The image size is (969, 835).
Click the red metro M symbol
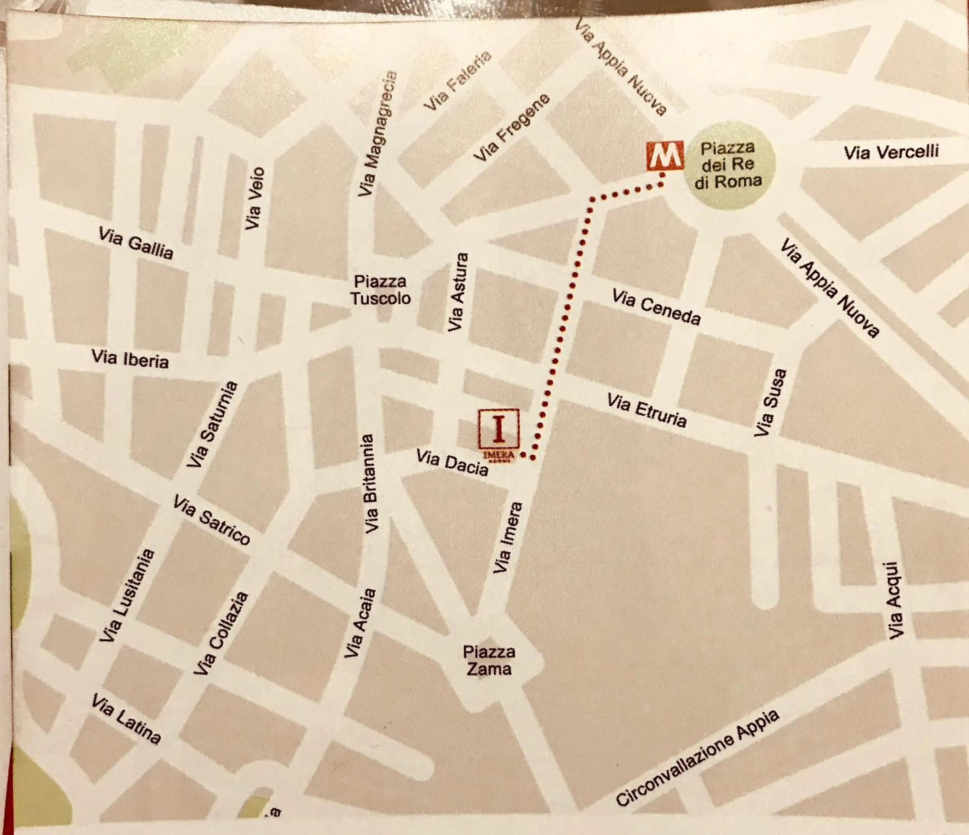point(665,156)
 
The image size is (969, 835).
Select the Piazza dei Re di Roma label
point(728,165)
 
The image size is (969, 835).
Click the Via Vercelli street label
point(891,152)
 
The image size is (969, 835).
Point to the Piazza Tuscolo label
point(380,290)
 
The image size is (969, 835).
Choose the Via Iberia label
point(130,359)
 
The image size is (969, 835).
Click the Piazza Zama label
point(489,660)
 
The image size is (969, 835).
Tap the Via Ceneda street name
point(656,307)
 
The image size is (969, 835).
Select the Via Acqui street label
point(894,601)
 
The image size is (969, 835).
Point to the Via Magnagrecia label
point(377,134)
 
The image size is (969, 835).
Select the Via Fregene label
point(512,128)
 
